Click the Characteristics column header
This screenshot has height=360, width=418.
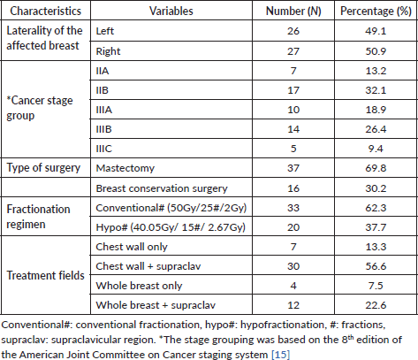click(x=46, y=11)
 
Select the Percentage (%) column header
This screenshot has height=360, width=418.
click(x=376, y=11)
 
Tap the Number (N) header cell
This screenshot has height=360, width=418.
click(x=293, y=11)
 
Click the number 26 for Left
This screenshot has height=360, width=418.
click(x=293, y=31)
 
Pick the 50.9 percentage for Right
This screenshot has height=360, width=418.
click(x=376, y=51)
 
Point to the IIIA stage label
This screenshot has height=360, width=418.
click(x=104, y=110)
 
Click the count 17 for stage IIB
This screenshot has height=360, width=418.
click(x=293, y=90)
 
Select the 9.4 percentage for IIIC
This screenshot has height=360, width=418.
click(x=376, y=149)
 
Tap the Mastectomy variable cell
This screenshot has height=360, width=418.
click(x=125, y=168)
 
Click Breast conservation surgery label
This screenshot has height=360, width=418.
click(x=162, y=188)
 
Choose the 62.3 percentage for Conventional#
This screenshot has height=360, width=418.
click(x=376, y=208)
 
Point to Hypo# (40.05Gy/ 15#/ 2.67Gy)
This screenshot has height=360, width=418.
click(x=171, y=227)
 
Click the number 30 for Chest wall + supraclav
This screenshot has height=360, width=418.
click(x=293, y=266)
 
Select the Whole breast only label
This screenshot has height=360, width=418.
click(x=139, y=286)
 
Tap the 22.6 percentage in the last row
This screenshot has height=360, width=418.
click(x=376, y=305)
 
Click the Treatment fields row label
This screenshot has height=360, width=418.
click(x=46, y=275)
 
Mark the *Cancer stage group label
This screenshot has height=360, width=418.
click(x=40, y=108)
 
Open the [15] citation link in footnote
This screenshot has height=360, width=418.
click(x=280, y=355)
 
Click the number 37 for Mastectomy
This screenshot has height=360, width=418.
click(x=293, y=168)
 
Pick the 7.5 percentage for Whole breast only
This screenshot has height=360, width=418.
click(x=376, y=286)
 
